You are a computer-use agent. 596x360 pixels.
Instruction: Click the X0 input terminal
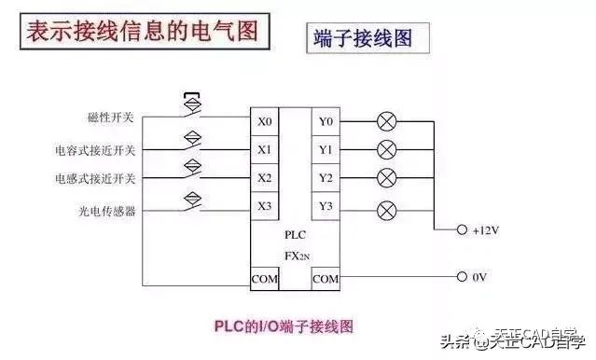coord(265,121)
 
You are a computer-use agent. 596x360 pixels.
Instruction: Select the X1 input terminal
coord(265,149)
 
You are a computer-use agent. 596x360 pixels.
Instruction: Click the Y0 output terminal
coord(326,121)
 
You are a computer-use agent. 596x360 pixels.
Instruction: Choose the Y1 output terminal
coord(326,149)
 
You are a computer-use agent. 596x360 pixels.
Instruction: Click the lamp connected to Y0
coord(386,121)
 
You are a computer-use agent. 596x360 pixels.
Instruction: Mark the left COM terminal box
coord(265,278)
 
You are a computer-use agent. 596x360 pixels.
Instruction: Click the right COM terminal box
coord(326,278)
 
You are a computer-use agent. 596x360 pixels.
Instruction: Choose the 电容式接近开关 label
coord(95,150)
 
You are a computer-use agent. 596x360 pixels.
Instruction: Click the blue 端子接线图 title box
coord(359,38)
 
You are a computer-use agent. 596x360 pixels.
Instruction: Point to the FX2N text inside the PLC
coord(296,253)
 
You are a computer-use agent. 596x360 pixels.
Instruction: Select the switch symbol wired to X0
coord(193,110)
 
